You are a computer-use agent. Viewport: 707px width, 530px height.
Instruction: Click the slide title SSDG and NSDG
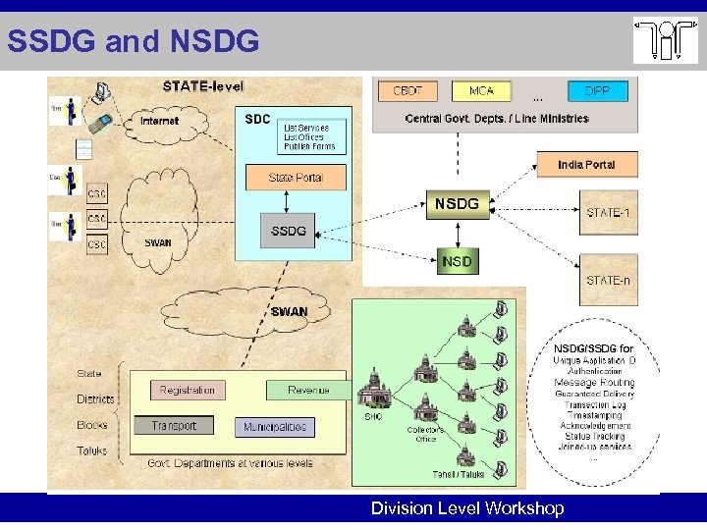(133, 41)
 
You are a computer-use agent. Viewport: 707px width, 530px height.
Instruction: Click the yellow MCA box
(481, 91)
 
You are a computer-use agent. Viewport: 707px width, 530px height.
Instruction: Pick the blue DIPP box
(597, 91)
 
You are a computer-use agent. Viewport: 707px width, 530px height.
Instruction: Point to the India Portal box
(586, 164)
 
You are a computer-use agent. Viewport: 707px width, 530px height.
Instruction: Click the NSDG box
(457, 205)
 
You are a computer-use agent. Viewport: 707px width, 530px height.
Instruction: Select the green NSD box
(457, 262)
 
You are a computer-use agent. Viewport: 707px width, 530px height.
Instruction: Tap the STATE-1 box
(609, 212)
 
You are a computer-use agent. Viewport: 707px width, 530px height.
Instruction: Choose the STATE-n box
(609, 281)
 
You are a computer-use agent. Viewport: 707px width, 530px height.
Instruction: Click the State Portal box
(295, 179)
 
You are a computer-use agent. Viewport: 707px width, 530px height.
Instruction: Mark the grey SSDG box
(289, 232)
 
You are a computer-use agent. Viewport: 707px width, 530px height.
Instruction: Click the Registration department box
(187, 391)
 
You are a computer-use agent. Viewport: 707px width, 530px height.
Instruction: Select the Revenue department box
(307, 391)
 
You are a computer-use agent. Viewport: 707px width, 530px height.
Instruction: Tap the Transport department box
(174, 426)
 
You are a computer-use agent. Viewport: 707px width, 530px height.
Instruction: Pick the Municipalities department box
(276, 427)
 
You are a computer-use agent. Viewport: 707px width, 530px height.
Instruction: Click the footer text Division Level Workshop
(467, 508)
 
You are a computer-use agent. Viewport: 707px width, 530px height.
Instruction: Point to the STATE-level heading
(202, 86)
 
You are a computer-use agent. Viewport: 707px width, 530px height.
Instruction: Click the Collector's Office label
(425, 434)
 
